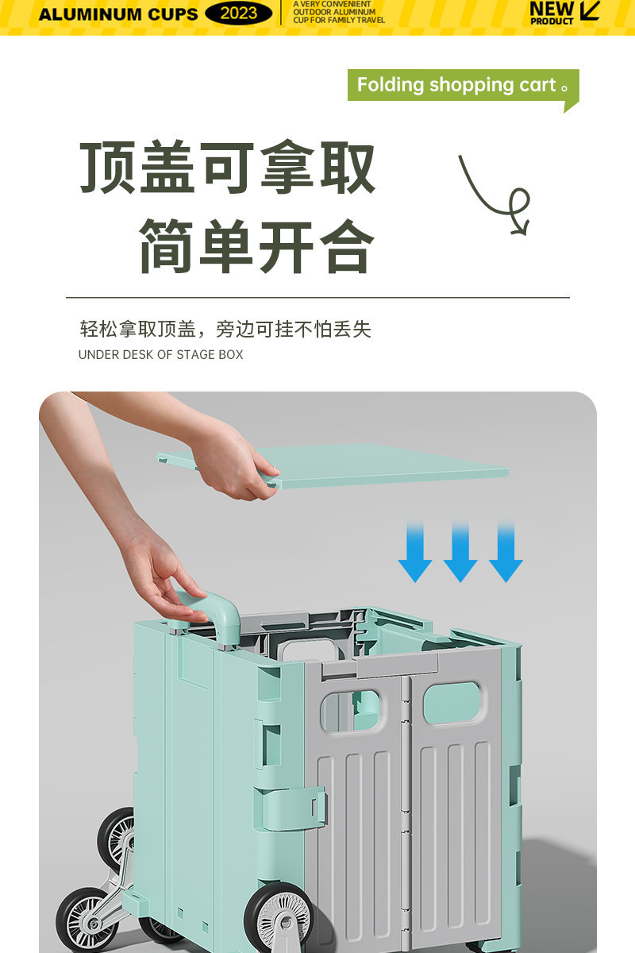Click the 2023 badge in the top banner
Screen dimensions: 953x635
[x=238, y=14]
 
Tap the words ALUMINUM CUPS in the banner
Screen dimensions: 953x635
[x=118, y=14]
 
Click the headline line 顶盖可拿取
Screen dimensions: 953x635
[x=228, y=169]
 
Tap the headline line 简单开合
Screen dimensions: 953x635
[x=256, y=246]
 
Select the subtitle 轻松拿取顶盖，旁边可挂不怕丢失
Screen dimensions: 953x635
[x=225, y=329]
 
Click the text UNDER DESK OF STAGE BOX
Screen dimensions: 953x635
[x=160, y=354]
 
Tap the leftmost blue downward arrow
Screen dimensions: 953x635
[x=415, y=551]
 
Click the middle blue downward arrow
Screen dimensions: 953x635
[x=460, y=551]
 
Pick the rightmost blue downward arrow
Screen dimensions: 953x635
[x=506, y=551]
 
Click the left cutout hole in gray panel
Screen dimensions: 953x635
[x=351, y=709]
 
